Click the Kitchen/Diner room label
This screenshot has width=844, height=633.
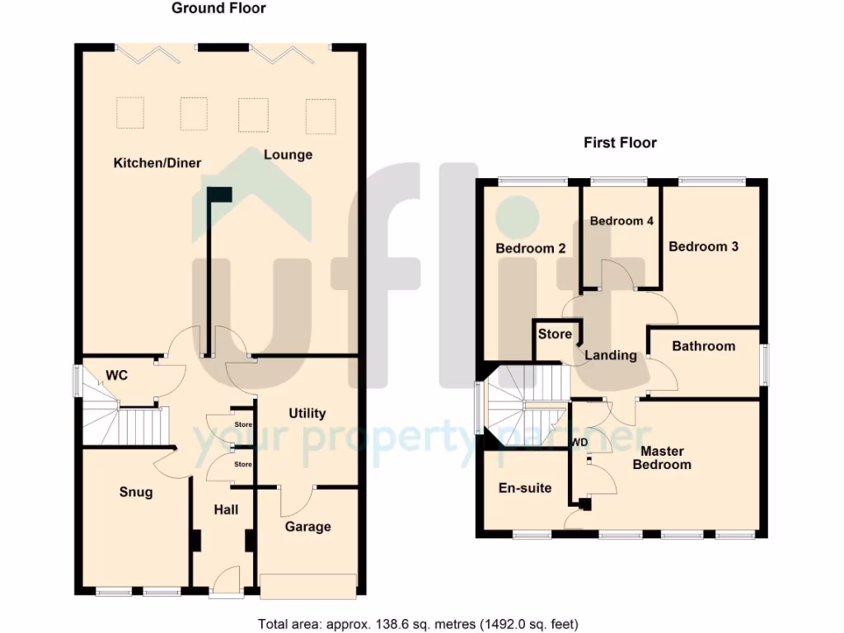[x=157, y=162]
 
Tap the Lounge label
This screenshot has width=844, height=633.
[x=288, y=154]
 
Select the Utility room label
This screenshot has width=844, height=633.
[x=307, y=413]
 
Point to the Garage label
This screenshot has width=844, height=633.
[x=307, y=527]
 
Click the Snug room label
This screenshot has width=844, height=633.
[x=136, y=492]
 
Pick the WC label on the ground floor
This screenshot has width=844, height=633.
[x=116, y=376]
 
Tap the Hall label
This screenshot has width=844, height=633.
[x=226, y=509]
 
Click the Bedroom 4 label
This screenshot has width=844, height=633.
[x=621, y=221]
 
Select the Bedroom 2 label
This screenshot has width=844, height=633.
[x=529, y=248]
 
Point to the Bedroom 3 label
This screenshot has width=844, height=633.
[x=703, y=246]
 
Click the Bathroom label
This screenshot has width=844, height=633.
[x=703, y=345]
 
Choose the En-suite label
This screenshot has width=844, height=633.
[x=525, y=487]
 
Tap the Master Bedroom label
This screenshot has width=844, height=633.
[x=666, y=457]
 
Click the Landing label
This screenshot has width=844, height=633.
[x=611, y=355]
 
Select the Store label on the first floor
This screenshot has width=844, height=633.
[x=555, y=334]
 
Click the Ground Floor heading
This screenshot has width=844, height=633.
[x=218, y=8]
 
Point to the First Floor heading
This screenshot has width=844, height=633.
[x=620, y=143]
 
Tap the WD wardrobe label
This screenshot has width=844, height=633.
[x=579, y=442]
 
